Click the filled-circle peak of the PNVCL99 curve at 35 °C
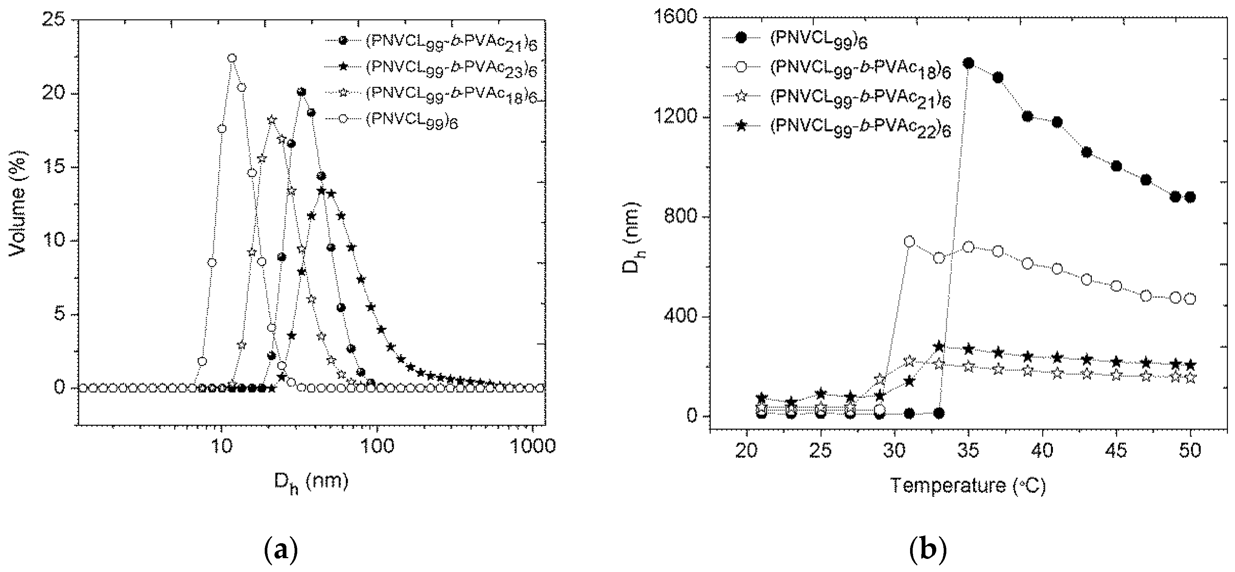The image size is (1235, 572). pyautogui.click(x=968, y=63)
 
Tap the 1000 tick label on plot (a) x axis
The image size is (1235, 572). pyautogui.click(x=532, y=446)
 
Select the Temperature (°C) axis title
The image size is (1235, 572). pyautogui.click(x=968, y=486)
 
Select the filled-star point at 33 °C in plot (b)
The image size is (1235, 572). pyautogui.click(x=939, y=346)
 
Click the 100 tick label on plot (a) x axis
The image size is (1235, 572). pyautogui.click(x=377, y=446)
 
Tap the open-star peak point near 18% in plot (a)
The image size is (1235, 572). pyautogui.click(x=272, y=120)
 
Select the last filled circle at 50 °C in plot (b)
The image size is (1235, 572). pyautogui.click(x=1189, y=197)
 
